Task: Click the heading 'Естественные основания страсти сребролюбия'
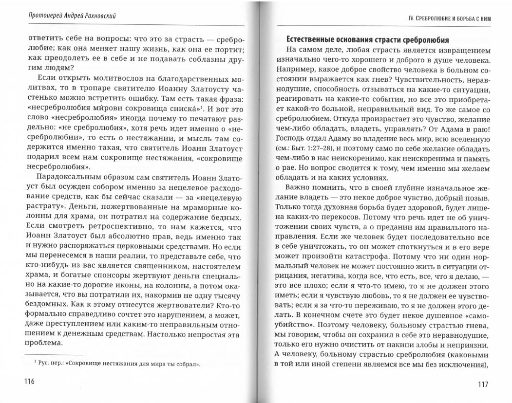pyautogui.click(x=367, y=39)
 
